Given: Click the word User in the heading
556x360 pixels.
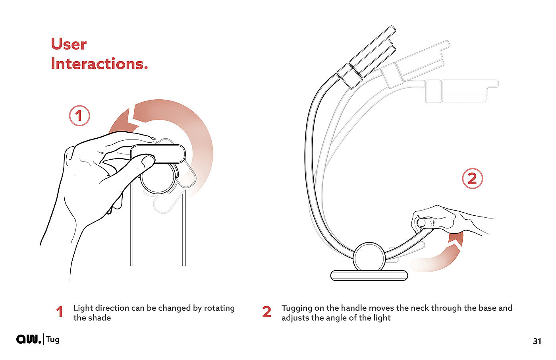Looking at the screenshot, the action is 69,44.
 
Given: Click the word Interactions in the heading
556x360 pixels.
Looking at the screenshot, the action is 99,64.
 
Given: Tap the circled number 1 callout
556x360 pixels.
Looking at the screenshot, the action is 79,116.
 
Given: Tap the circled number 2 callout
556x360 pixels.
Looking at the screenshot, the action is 472,178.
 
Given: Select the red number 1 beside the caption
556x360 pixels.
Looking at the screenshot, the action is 60,312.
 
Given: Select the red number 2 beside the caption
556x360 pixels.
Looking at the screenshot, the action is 266,312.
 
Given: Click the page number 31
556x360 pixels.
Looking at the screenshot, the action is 537,341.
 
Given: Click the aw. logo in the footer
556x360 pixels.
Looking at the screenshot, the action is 29,339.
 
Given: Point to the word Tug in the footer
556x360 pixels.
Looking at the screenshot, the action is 52,340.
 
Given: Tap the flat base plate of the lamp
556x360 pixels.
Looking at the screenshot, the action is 369,276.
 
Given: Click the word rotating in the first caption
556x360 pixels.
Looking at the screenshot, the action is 219,308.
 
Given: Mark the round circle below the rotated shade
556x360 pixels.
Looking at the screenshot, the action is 158,178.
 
